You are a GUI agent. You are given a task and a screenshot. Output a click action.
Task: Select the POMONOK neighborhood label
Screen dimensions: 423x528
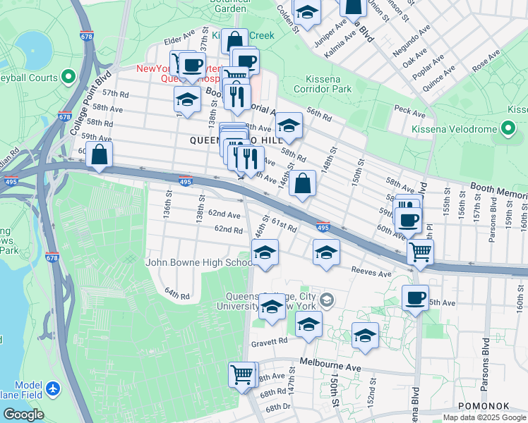479,406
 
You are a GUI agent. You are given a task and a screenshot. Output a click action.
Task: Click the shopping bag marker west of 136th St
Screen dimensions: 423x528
100,154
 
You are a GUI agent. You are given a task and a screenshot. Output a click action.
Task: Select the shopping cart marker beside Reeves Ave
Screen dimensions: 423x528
420,250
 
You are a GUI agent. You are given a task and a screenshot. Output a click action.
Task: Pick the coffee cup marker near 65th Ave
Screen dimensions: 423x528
416,297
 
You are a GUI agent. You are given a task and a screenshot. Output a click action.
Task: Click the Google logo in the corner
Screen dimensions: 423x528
23,415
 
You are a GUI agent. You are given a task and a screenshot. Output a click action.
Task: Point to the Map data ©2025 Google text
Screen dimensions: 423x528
484,417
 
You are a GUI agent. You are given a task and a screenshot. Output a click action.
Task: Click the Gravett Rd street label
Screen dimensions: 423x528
269,341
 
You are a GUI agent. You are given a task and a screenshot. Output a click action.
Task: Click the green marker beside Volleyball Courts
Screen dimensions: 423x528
68,75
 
